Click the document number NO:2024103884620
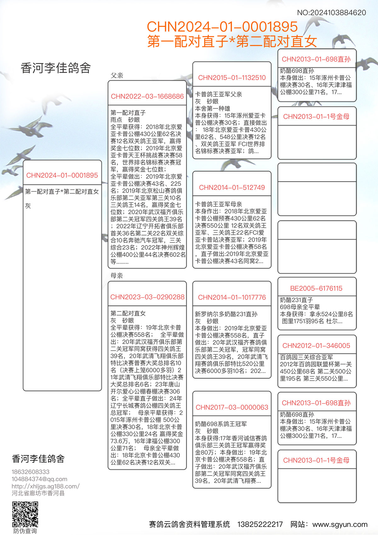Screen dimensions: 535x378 (x=331, y=13)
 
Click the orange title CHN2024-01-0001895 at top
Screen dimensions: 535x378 (x=222, y=27)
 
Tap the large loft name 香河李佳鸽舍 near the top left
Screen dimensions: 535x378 (x=56, y=68)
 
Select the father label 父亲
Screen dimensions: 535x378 (x=117, y=76)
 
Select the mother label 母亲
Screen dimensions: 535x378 (x=117, y=276)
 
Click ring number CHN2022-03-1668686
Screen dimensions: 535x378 (x=147, y=96)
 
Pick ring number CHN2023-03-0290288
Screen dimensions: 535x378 (x=147, y=297)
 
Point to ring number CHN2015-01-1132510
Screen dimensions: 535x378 (x=232, y=78)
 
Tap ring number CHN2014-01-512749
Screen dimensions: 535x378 (x=232, y=188)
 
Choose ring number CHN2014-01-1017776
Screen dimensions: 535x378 (x=232, y=297)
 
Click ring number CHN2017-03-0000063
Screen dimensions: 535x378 (x=232, y=407)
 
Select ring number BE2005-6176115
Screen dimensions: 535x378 (x=316, y=288)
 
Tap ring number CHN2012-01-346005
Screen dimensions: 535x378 (x=316, y=346)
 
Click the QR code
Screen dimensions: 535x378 (x=25, y=514)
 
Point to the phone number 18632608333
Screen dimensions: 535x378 (x=31, y=472)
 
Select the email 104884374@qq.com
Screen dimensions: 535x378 (x=39, y=479)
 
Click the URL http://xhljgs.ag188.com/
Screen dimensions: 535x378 (x=46, y=486)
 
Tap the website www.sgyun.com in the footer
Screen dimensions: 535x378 (x=340, y=525)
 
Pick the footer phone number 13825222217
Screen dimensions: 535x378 (x=260, y=525)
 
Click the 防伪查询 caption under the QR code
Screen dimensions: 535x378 (x=25, y=531)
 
